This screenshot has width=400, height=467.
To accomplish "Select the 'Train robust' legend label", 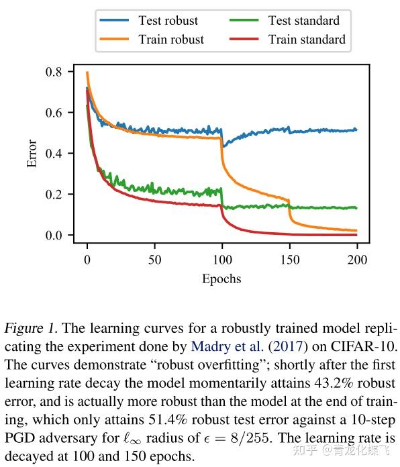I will tap(171, 39).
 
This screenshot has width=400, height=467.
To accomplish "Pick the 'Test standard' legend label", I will tap(304, 20).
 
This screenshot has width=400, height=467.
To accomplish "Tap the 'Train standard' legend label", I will tap(307, 39).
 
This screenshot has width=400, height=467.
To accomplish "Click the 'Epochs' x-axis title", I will tap(221, 278).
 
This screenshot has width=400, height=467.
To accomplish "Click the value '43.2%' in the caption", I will tap(326, 383).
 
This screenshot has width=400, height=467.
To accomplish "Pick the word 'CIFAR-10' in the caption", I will tap(369, 347).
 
